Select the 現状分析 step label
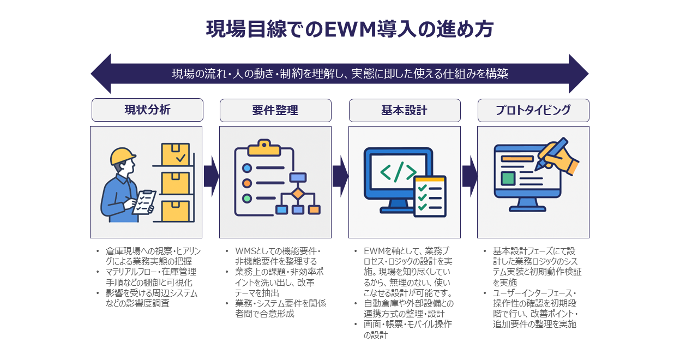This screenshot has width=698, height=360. tap(147, 110)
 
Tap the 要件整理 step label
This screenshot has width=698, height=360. tap(275, 110)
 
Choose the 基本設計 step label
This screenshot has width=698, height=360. tap(404, 110)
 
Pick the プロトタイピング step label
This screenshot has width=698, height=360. tap(533, 110)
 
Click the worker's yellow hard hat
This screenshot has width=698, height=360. tap(122, 157)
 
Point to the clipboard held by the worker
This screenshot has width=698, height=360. tap(144, 201)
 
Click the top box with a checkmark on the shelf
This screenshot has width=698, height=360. tap(176, 155)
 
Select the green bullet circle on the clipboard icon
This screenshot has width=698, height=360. tap(247, 199)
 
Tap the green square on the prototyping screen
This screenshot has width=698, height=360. tap(508, 178)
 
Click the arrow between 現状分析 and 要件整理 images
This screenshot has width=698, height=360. tap(210, 176)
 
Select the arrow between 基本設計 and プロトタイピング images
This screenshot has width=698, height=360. tap(469, 176)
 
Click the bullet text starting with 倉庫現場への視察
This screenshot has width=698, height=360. tap(151, 256)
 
